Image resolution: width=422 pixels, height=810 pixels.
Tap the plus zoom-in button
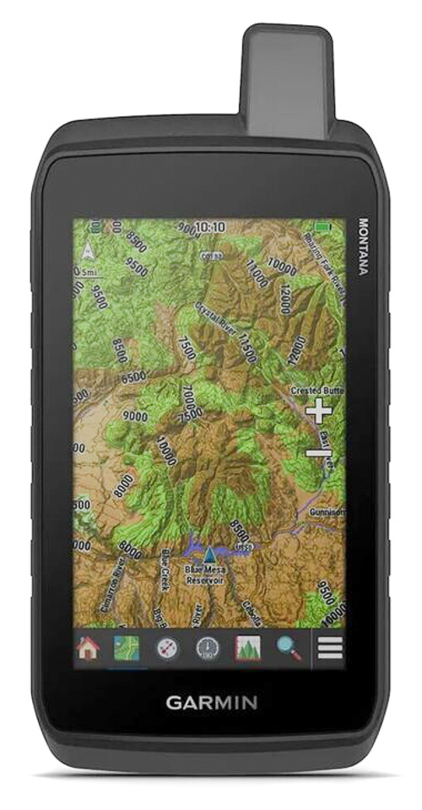click(318, 412)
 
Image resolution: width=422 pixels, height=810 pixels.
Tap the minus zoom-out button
click(318, 455)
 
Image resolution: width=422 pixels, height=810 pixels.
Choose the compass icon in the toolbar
click(167, 648)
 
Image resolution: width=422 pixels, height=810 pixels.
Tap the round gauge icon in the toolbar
click(207, 648)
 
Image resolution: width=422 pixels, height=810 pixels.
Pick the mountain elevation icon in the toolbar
click(248, 648)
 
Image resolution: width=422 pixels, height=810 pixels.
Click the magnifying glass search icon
click(289, 648)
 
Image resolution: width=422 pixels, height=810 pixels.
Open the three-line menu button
click(329, 648)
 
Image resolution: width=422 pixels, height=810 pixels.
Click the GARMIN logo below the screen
click(211, 702)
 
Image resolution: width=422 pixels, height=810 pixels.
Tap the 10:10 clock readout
click(209, 227)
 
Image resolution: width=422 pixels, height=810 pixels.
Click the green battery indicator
click(324, 227)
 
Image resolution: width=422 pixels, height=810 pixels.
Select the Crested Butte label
click(317, 391)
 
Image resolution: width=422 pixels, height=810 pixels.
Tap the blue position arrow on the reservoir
click(208, 553)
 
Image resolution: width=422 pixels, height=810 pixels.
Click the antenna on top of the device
click(285, 80)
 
